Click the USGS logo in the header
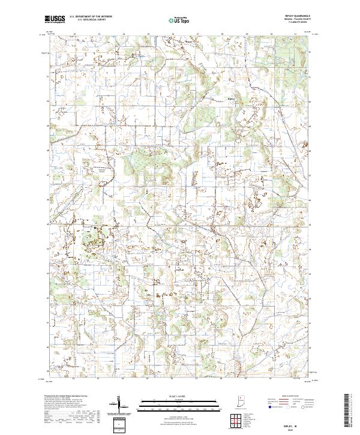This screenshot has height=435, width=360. click(55, 19)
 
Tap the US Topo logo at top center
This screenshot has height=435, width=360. click(179, 19)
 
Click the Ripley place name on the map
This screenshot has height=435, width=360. click(232, 99)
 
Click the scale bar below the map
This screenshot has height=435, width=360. click(179, 403)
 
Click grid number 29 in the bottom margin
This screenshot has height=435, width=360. click(245, 379)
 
